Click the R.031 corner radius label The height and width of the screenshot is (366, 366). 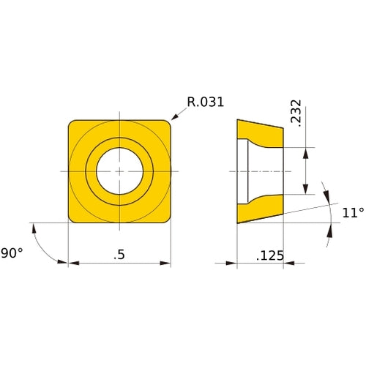click(205, 102)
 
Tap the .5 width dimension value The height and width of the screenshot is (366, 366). click(119, 255)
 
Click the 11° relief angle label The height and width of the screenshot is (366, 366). click(353, 213)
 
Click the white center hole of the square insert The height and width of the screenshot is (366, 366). click(119, 171)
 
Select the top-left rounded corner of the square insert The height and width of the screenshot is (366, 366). click(72, 124)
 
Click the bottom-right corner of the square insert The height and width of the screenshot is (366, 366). click(167, 219)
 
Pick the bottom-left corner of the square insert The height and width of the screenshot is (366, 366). click(72, 219)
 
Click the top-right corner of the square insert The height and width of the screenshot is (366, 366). click(167, 124)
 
